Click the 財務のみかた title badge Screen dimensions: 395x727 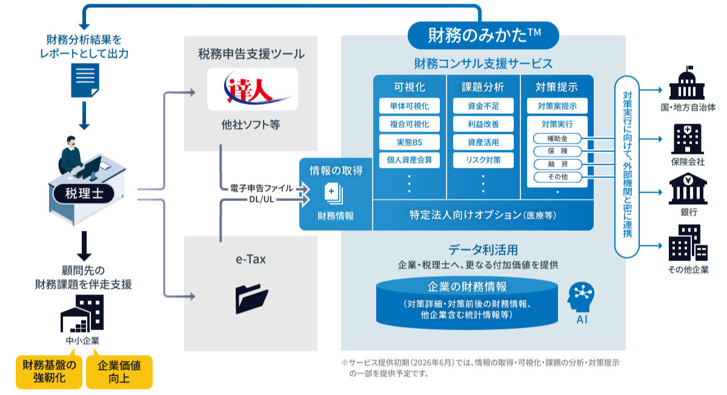[483, 36]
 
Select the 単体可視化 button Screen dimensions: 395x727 [410, 106]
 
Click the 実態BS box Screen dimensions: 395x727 [410, 142]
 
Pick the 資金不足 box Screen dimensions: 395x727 [483, 106]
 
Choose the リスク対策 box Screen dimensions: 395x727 [483, 161]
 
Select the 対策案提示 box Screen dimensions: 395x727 [557, 106]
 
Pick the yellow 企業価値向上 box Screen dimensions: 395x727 [119, 371]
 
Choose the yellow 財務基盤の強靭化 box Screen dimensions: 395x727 [50, 371]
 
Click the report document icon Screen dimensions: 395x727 [84, 80]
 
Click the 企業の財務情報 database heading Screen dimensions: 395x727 [468, 287]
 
